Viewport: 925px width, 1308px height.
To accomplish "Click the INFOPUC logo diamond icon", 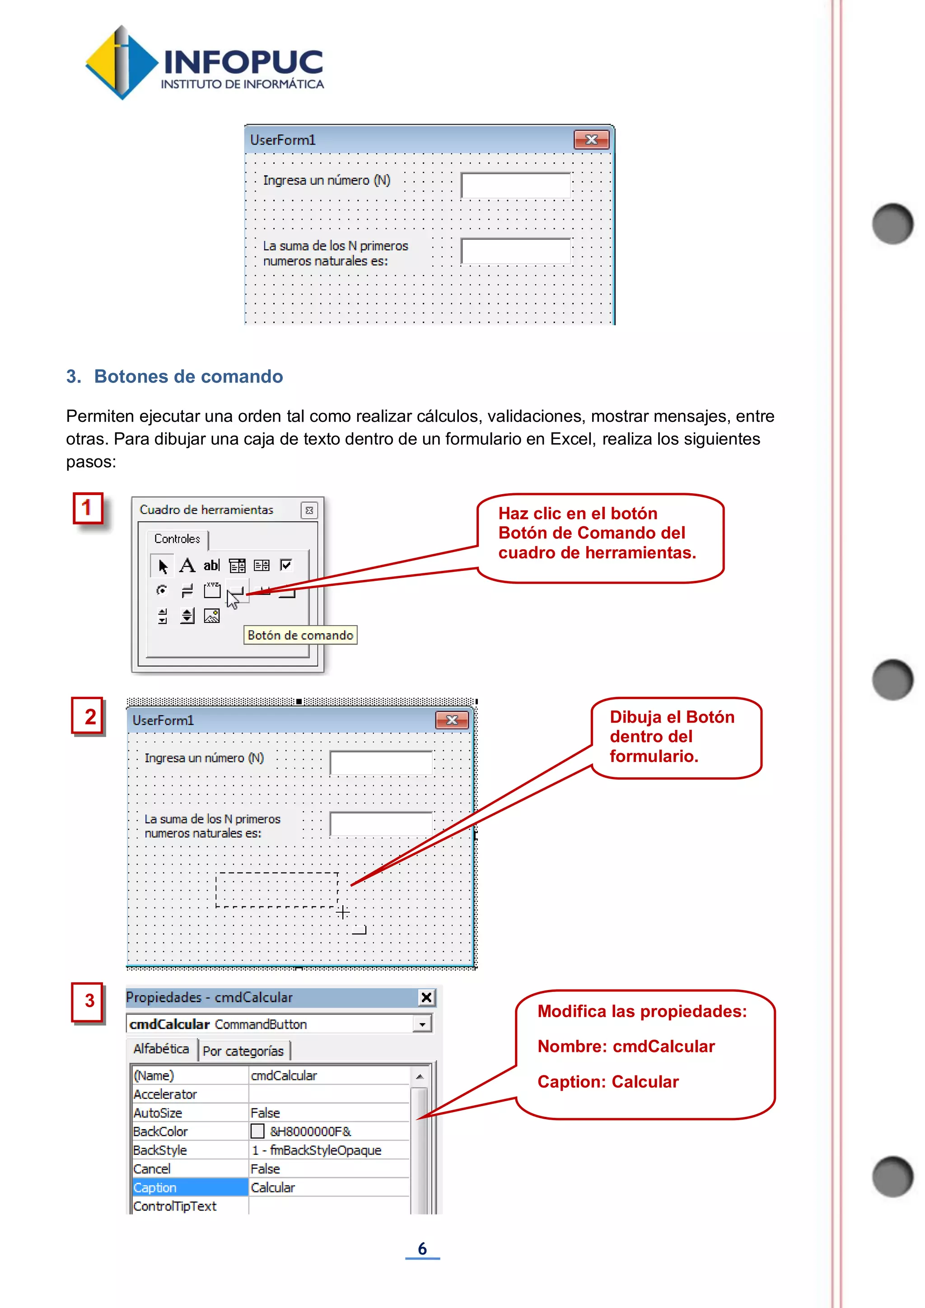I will [121, 63].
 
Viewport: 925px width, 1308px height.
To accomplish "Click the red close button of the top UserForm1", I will [591, 140].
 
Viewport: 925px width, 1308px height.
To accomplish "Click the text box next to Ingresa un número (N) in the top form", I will [515, 185].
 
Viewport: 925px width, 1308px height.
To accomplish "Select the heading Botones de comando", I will [188, 377].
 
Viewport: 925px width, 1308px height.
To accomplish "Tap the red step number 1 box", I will [88, 508].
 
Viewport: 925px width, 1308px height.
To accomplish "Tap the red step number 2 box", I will [88, 716].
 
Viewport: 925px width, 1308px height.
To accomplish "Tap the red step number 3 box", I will [88, 1001].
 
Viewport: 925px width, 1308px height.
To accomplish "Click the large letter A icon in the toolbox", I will [187, 565].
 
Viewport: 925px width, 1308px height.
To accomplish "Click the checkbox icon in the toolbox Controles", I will [286, 565].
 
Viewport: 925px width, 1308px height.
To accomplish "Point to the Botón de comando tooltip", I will [300, 635].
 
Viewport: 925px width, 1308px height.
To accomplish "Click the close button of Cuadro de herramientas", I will [309, 510].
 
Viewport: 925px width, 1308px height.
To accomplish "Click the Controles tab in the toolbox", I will [177, 539].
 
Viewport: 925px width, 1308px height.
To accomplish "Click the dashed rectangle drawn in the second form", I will [277, 889].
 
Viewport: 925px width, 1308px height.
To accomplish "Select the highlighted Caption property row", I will [188, 1187].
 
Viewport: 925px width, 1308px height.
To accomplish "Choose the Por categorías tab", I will [243, 1051].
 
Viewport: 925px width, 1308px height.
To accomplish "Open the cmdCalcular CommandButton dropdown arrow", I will [422, 1024].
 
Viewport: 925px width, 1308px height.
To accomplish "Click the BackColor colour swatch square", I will [257, 1131].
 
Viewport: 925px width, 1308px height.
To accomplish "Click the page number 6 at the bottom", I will [422, 1248].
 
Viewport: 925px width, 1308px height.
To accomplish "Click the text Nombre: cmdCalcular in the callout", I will [626, 1046].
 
